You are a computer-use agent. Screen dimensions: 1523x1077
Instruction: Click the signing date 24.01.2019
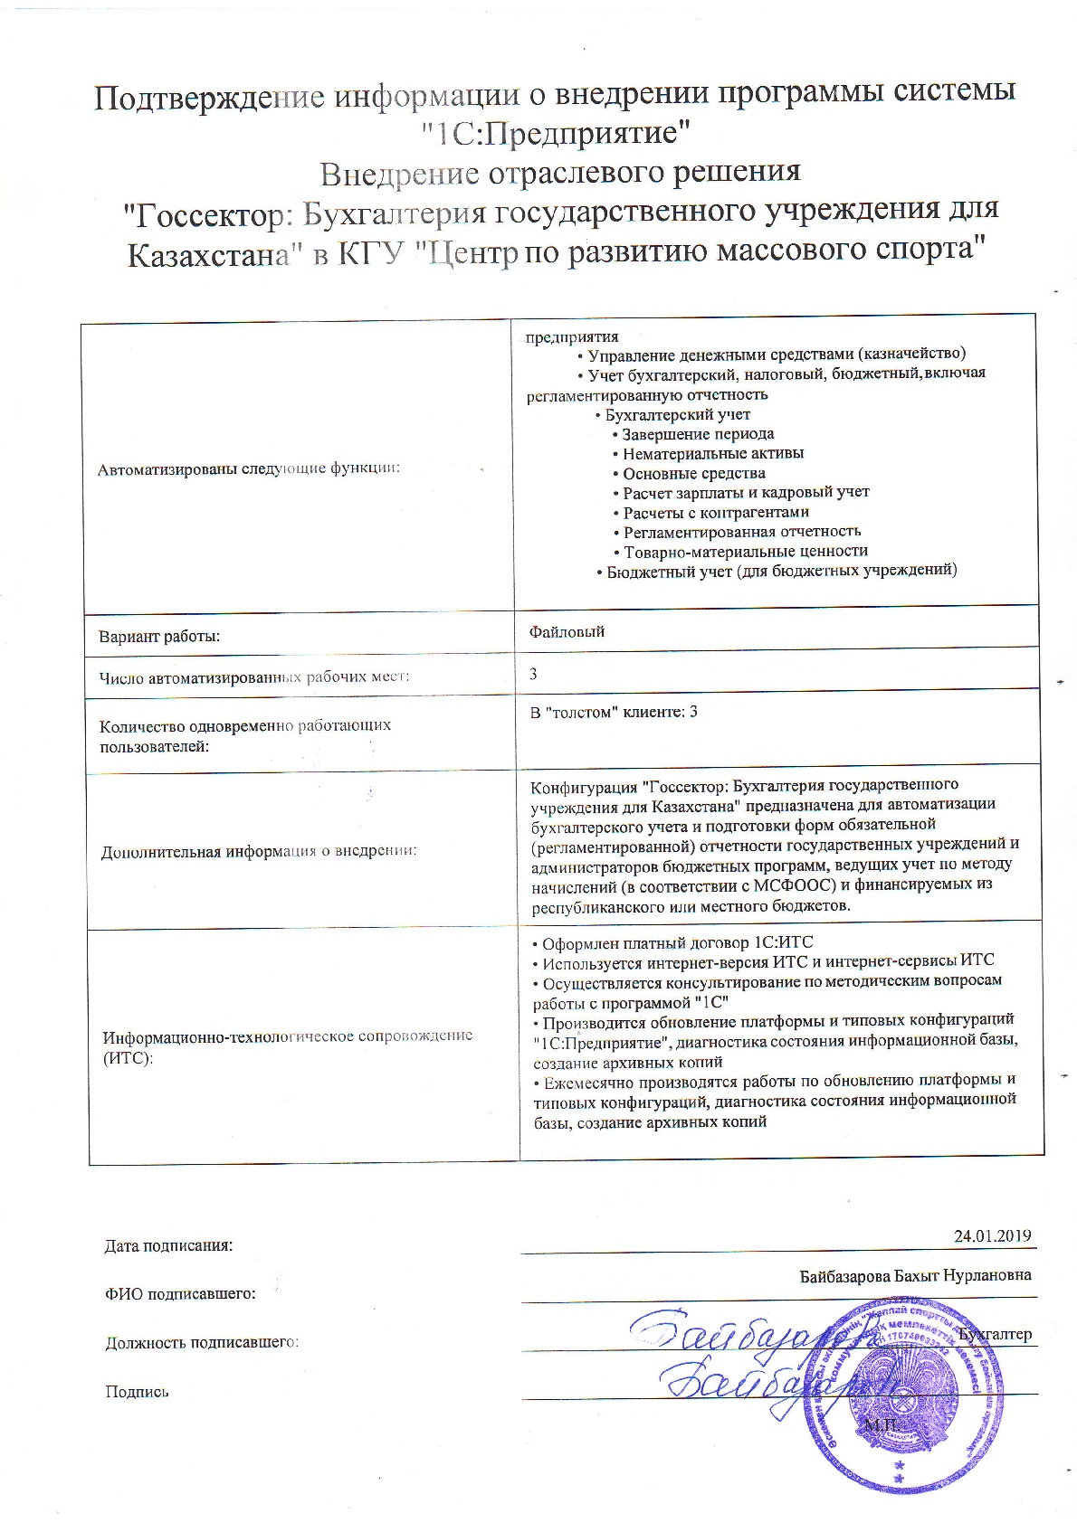992,1236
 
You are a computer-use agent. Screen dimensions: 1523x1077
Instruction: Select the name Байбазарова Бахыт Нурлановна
915,1275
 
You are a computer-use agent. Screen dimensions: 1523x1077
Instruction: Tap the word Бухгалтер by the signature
995,1334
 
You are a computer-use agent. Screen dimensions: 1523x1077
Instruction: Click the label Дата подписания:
169,1245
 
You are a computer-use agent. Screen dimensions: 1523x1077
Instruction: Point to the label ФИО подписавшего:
181,1293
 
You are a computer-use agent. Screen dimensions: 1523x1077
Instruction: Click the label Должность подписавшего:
202,1342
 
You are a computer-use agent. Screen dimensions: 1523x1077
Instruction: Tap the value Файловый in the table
567,631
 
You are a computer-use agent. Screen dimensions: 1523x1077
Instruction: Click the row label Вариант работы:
159,637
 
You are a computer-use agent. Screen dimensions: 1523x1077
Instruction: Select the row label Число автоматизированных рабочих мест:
254,676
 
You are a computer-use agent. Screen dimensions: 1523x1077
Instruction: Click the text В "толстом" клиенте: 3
614,712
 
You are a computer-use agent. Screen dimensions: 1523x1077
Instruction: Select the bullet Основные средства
693,473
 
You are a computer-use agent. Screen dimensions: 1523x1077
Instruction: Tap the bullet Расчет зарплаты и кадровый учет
746,492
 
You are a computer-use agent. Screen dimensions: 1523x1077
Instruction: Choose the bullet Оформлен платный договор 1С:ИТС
678,942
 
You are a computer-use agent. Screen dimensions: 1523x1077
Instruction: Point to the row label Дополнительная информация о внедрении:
259,851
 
